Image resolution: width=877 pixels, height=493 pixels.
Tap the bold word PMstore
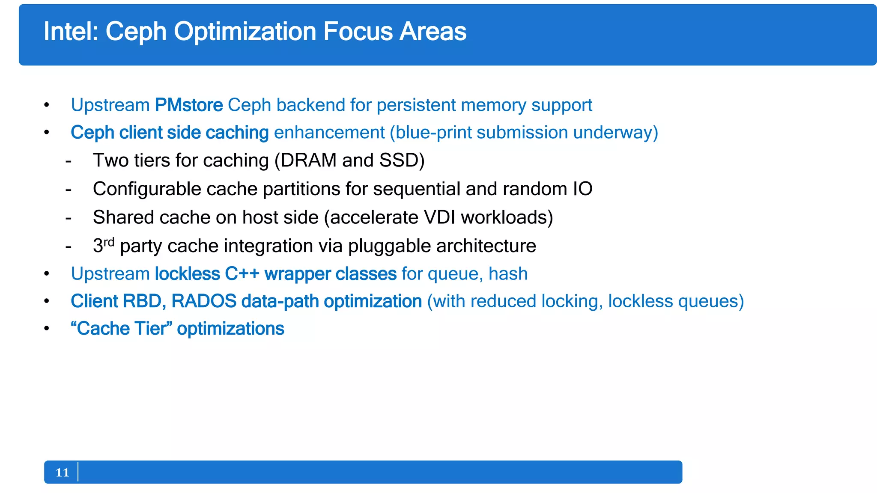point(188,105)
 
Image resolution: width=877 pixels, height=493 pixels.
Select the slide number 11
point(62,472)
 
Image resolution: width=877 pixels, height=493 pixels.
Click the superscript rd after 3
point(109,242)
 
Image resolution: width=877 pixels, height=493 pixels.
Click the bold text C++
point(242,274)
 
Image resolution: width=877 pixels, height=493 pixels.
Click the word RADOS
point(204,301)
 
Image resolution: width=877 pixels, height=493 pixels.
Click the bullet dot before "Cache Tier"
point(47,329)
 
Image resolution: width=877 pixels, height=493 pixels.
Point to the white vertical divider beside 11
point(78,472)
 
